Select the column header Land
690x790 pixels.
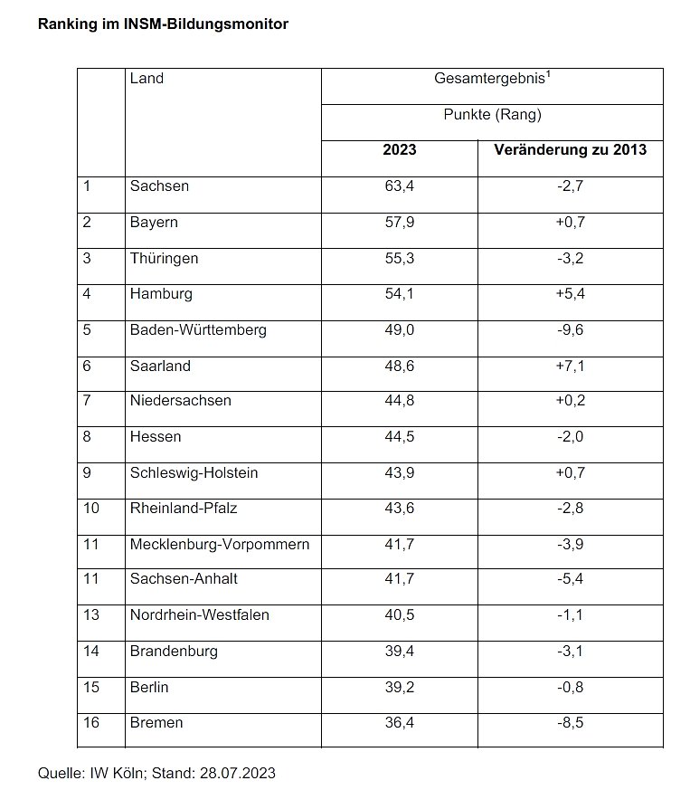pyautogui.click(x=147, y=79)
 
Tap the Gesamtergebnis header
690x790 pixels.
pyautogui.click(x=493, y=79)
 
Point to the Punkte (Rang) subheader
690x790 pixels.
pyautogui.click(x=492, y=115)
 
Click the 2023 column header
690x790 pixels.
pyautogui.click(x=400, y=149)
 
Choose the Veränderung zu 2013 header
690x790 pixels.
pyautogui.click(x=571, y=149)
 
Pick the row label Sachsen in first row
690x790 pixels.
pyautogui.click(x=159, y=186)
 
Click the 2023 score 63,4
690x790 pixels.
pyautogui.click(x=400, y=186)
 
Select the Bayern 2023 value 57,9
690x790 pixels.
pyautogui.click(x=400, y=223)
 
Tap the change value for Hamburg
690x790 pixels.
pyautogui.click(x=570, y=294)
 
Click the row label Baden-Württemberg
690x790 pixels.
pyautogui.click(x=198, y=330)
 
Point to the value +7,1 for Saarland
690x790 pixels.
pyautogui.click(x=570, y=366)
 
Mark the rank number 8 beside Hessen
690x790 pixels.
pyautogui.click(x=87, y=437)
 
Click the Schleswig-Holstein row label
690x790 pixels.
pyautogui.click(x=194, y=473)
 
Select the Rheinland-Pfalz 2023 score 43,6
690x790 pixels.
pyautogui.click(x=400, y=509)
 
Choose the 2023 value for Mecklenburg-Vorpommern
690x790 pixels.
pyautogui.click(x=400, y=545)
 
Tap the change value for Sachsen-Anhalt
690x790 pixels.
pyautogui.click(x=570, y=580)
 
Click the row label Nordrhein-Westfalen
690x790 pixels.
pyautogui.click(x=199, y=615)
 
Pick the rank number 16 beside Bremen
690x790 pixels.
pyautogui.click(x=90, y=722)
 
